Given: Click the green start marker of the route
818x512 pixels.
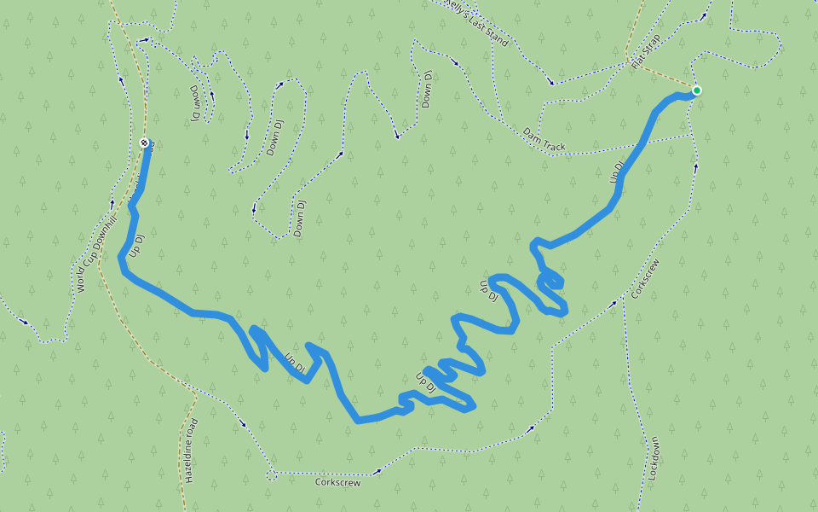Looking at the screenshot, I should [x=696, y=90].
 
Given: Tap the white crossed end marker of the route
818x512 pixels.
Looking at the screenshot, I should [x=144, y=143].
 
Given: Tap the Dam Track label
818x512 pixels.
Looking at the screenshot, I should [x=544, y=140].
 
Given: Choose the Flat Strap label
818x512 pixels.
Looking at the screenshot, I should [x=647, y=57].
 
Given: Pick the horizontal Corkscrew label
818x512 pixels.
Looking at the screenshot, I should [x=337, y=482].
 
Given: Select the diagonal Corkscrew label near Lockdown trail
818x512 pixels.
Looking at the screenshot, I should [x=646, y=278].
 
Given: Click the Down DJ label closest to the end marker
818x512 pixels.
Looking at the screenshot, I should [x=194, y=102].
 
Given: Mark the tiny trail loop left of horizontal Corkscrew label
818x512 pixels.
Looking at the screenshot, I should [x=271, y=472].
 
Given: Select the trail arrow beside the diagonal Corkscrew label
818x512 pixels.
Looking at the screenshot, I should [x=615, y=301].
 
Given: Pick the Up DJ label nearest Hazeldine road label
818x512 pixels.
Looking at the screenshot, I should [x=295, y=363].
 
